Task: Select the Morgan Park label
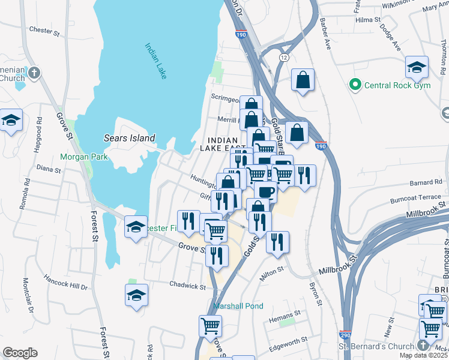pos(83,157)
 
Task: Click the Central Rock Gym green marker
pos(355,85)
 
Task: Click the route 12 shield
pos(283,56)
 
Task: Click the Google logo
pos(20,353)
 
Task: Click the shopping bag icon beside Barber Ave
pos(303,79)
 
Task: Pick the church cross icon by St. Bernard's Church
pos(423,346)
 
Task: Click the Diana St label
pos(49,170)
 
